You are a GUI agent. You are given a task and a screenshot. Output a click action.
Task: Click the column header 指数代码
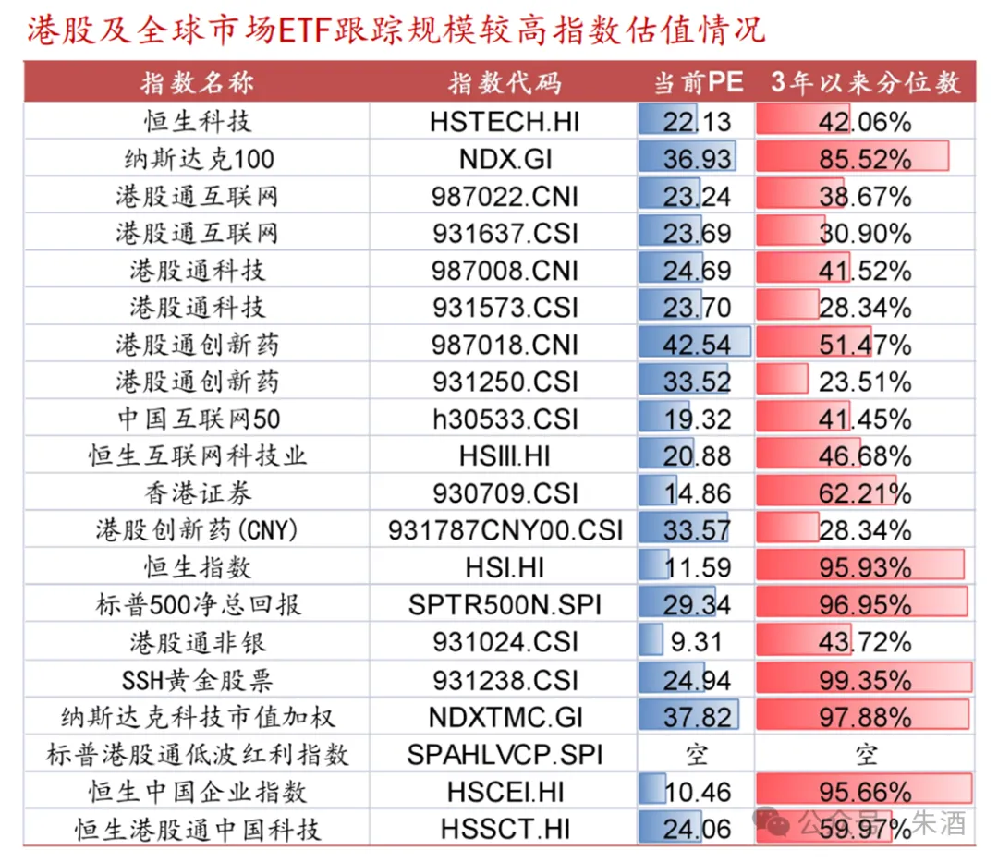tap(505, 83)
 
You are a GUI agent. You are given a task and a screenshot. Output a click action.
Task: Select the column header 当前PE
tap(698, 83)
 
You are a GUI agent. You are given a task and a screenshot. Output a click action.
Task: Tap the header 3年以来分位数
tap(866, 83)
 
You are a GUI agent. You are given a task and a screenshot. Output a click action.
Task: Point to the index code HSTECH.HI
tap(505, 122)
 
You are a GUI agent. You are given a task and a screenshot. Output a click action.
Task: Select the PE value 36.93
tap(697, 159)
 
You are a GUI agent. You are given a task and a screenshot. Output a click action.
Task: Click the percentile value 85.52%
tap(865, 159)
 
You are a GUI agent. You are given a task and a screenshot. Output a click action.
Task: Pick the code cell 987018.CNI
tap(505, 346)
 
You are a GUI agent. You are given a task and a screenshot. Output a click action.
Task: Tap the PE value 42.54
tap(697, 346)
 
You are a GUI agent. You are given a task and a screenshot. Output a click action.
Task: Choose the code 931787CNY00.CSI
tap(505, 531)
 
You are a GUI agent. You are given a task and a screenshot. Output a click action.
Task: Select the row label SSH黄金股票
tap(198, 681)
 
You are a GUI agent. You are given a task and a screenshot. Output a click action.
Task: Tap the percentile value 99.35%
tap(865, 681)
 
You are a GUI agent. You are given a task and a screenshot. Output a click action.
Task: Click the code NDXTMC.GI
tap(505, 718)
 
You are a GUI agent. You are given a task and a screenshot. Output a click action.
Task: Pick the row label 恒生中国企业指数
tap(198, 793)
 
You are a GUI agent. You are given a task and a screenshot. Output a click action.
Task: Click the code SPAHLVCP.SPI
tap(505, 755)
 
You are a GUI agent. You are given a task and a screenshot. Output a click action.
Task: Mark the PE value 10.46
tap(697, 793)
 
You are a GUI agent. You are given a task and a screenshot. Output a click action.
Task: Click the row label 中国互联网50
tap(198, 419)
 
